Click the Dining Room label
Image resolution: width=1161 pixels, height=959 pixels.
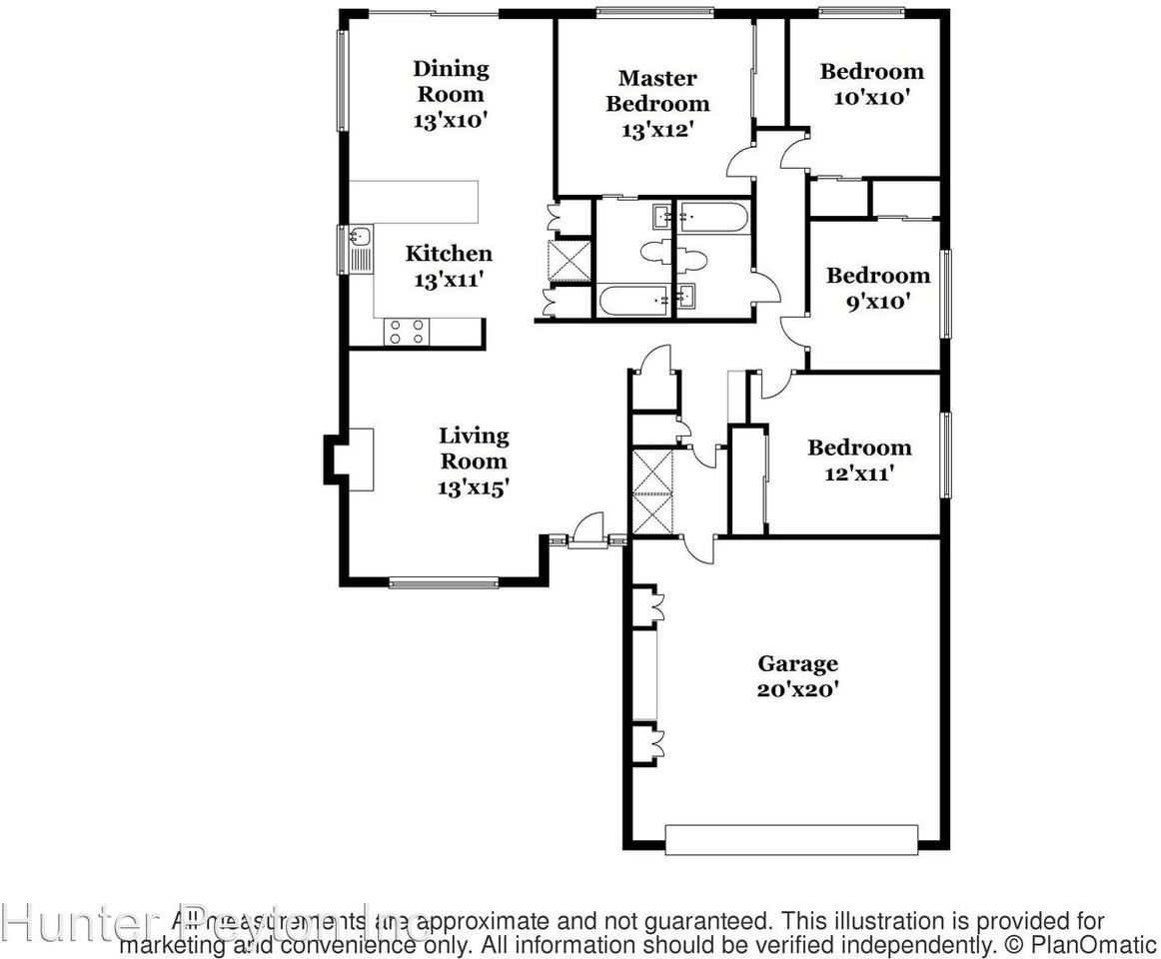[451, 94]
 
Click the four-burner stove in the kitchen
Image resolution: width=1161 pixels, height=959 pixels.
[407, 331]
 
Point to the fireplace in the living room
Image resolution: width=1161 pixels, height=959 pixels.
[347, 460]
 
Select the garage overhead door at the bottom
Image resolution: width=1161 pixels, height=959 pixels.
[791, 839]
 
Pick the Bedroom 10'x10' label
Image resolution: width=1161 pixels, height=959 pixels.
[871, 84]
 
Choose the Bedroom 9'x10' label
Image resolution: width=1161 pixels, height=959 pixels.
[877, 288]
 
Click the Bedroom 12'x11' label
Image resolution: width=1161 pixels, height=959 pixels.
[859, 460]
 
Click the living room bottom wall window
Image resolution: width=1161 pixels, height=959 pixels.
[443, 582]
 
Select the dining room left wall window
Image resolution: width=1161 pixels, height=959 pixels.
[342, 80]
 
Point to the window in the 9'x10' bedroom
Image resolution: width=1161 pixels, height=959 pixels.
[945, 294]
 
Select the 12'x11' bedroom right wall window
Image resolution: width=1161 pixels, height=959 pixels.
[945, 455]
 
